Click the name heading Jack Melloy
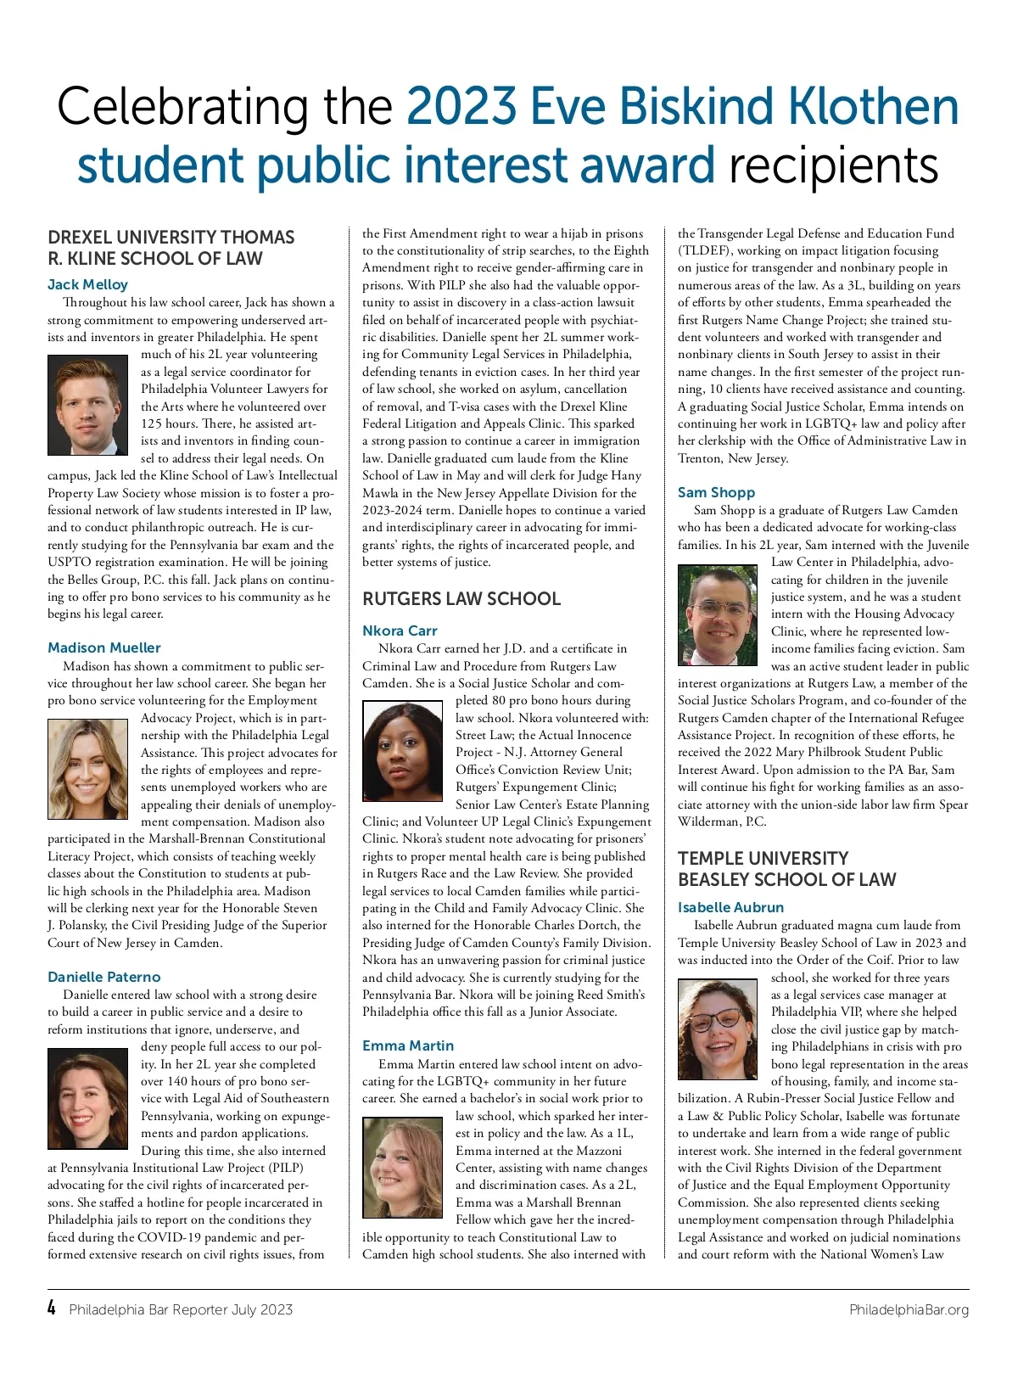click(x=87, y=285)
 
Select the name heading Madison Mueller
click(x=103, y=648)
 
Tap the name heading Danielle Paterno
click(x=103, y=978)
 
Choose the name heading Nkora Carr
click(x=400, y=631)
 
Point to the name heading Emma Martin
click(x=408, y=1046)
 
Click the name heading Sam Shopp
click(x=716, y=493)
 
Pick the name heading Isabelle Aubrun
click(x=730, y=908)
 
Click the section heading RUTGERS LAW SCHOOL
click(x=461, y=599)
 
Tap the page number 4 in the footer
click(x=52, y=1309)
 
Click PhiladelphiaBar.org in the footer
click(x=909, y=1310)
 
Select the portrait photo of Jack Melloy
click(x=88, y=406)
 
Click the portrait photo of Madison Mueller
click(x=88, y=769)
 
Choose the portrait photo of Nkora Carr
click(x=403, y=751)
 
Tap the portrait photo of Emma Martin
click(x=403, y=1167)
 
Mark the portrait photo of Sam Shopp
click(x=718, y=614)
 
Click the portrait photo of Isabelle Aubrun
click(x=718, y=1028)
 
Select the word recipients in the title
click(x=833, y=165)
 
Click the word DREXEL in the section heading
click(x=82, y=238)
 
